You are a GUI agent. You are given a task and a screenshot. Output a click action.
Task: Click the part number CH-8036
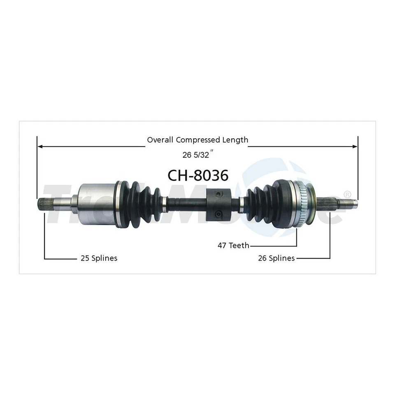pyautogui.click(x=197, y=175)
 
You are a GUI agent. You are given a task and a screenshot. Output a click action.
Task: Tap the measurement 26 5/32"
pyautogui.click(x=197, y=156)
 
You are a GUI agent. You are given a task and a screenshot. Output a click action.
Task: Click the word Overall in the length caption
pyautogui.click(x=160, y=140)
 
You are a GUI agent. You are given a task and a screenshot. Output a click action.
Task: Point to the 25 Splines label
pyautogui.click(x=98, y=258)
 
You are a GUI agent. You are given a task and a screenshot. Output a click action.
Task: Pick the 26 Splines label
pyautogui.click(x=276, y=258)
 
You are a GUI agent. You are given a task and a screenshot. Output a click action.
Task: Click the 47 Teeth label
pyautogui.click(x=233, y=246)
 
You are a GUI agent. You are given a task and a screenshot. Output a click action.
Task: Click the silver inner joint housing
pyautogui.click(x=96, y=204)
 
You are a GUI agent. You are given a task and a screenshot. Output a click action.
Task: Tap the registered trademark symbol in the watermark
pyautogui.click(x=347, y=194)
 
